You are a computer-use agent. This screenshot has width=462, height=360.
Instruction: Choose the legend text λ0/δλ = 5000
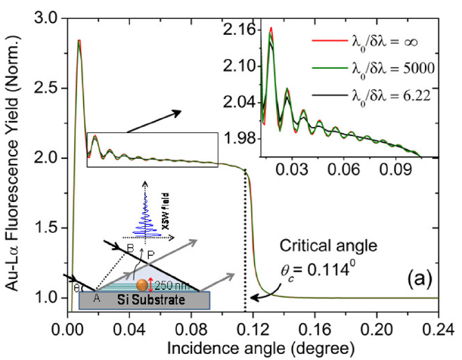[x=387, y=69]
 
